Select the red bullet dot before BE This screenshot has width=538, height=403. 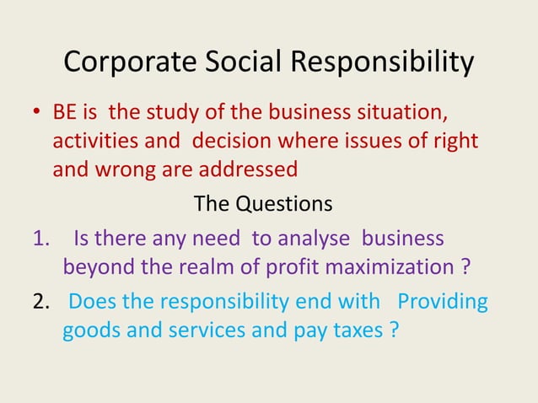[37, 113]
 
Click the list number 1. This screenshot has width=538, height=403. [40, 239]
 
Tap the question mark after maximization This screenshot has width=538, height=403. [465, 267]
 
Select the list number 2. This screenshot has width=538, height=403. [40, 302]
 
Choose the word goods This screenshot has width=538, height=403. [91, 330]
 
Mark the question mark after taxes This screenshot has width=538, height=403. [393, 330]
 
